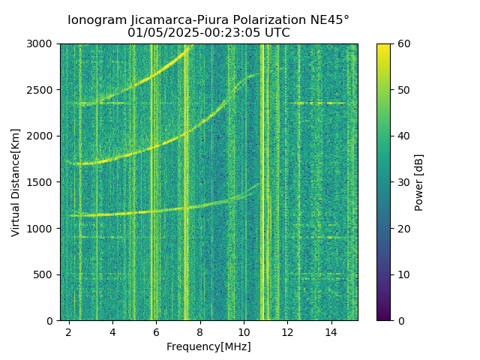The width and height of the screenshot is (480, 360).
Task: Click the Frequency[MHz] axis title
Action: click(x=208, y=346)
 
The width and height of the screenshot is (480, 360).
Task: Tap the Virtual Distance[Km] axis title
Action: click(x=16, y=182)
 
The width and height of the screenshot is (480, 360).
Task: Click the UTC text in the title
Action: click(x=276, y=33)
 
